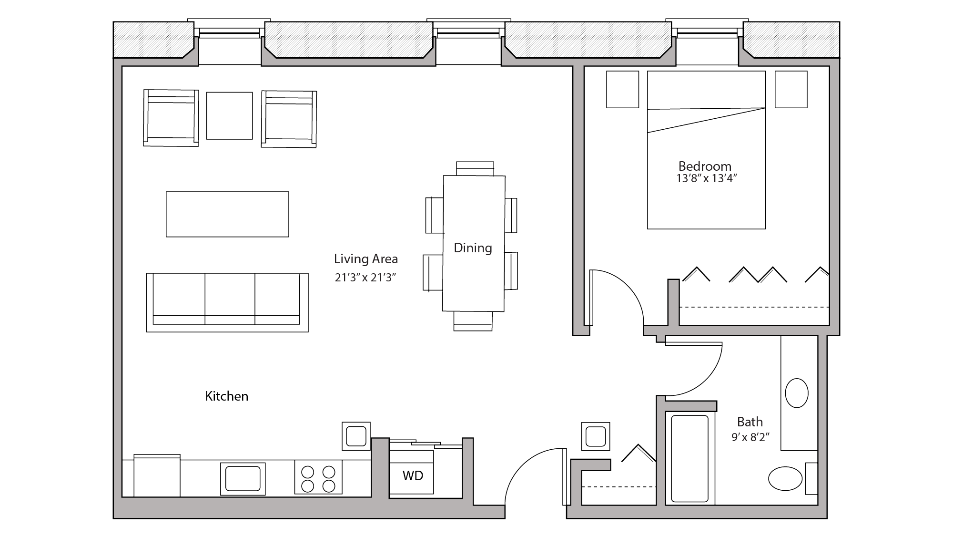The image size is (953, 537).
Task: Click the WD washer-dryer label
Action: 413,475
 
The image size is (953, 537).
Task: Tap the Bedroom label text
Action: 705,166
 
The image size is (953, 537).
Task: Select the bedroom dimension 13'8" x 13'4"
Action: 707,179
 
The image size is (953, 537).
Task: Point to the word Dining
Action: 473,248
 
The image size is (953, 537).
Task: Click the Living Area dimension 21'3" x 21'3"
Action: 365,278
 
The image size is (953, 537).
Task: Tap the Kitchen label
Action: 226,396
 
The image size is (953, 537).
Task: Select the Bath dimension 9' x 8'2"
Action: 750,437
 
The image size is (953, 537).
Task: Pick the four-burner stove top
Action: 318,478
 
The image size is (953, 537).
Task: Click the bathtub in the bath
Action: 689,459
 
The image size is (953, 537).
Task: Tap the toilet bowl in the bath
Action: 785,478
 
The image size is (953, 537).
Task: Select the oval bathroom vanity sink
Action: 796,393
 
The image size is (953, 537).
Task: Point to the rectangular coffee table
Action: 227,214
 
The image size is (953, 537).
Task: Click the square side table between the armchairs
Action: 229,116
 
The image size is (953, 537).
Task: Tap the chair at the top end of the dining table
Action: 475,168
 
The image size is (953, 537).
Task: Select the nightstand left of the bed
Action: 622,90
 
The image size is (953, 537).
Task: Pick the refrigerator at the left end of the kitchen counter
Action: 157,476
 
